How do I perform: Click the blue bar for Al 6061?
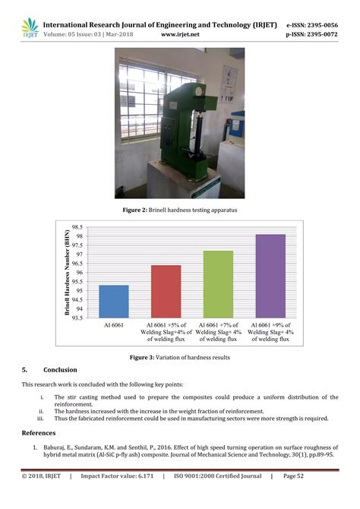pyautogui.click(x=114, y=302)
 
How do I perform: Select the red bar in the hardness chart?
pyautogui.click(x=166, y=292)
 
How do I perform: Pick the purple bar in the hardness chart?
pyautogui.click(x=270, y=277)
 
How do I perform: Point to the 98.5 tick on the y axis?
pyautogui.click(x=76, y=227)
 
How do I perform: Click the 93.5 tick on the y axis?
pyautogui.click(x=76, y=318)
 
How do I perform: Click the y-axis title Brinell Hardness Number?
pyautogui.click(x=68, y=273)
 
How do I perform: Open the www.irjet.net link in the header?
pyautogui.click(x=181, y=35)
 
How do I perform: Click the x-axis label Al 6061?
pyautogui.click(x=114, y=325)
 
